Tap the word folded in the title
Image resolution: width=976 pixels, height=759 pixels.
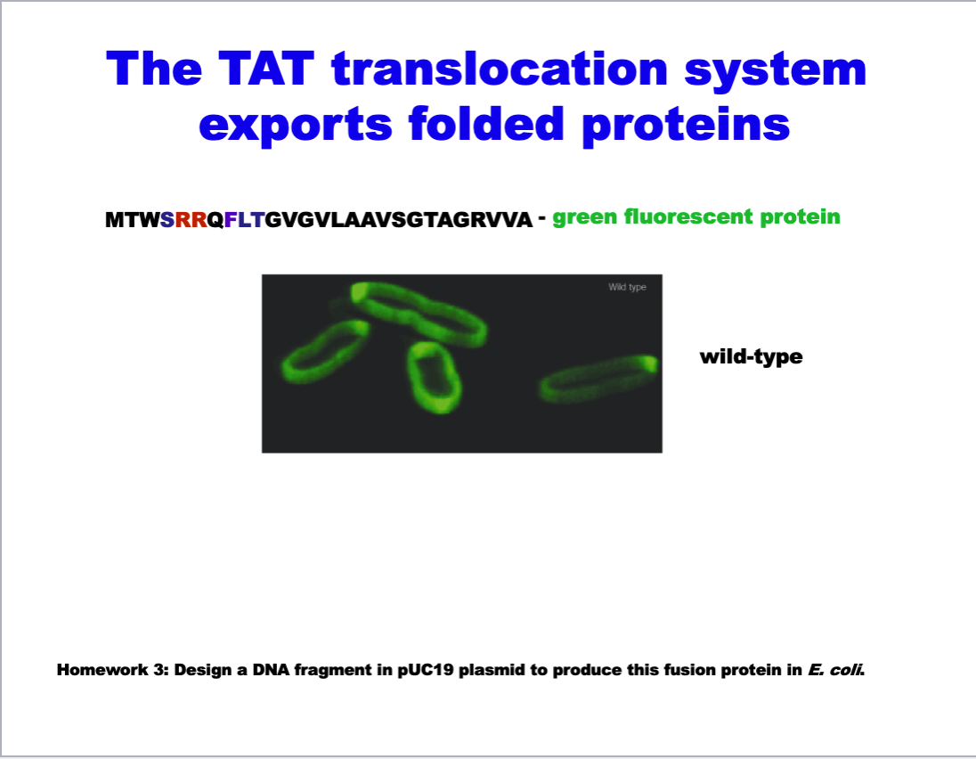click(486, 123)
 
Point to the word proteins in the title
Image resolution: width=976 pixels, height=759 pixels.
click(686, 124)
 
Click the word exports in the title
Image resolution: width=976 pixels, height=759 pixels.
click(296, 125)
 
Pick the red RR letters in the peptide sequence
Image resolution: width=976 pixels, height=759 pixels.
click(191, 220)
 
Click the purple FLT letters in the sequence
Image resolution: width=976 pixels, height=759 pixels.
click(245, 220)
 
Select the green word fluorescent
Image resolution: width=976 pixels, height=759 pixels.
click(687, 216)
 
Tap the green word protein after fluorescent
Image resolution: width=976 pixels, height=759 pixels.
click(800, 217)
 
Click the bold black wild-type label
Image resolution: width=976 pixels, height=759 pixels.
click(752, 356)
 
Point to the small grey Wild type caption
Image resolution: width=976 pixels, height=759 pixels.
click(628, 287)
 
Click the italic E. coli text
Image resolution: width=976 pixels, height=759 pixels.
click(836, 670)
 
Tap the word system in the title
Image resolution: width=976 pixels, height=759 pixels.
click(776, 70)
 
